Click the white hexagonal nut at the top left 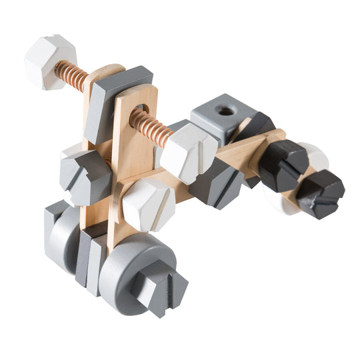[x=49, y=61]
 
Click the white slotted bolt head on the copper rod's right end [x=189, y=152]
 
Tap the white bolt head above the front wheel [x=148, y=203]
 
